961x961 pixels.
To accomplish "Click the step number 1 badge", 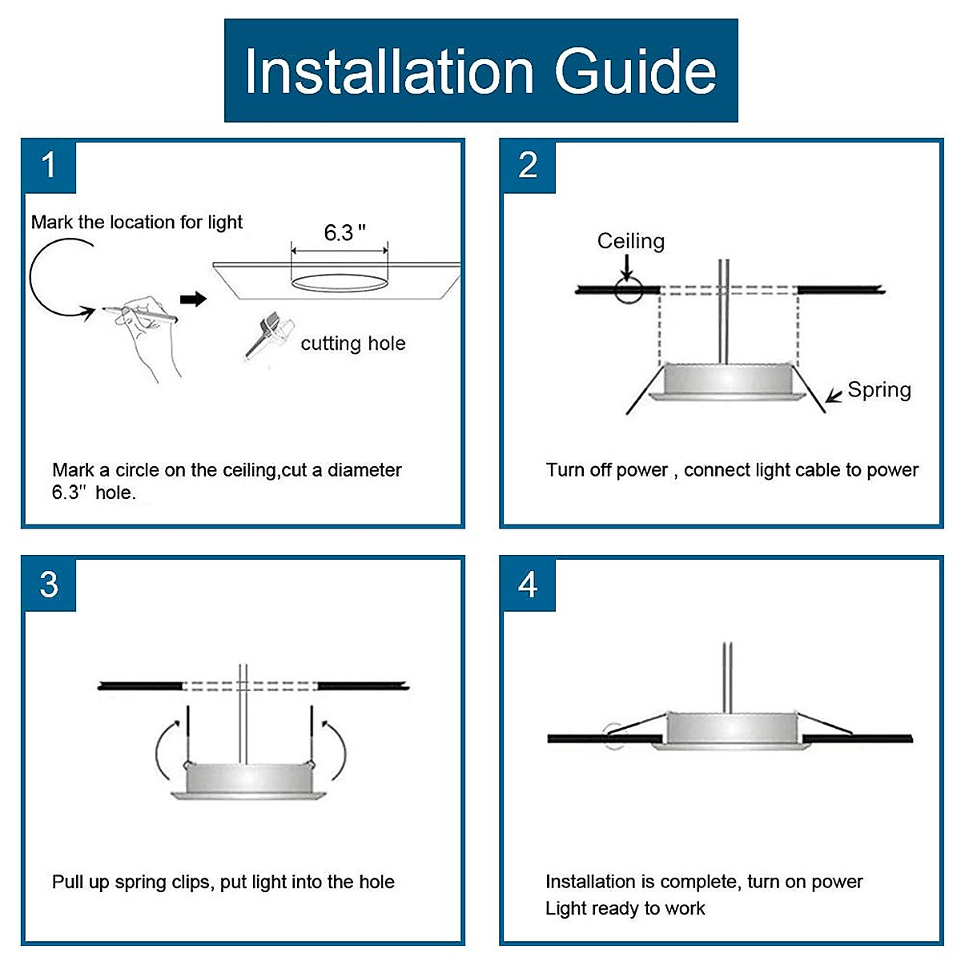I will pos(49,166).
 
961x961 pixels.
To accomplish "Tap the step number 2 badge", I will pos(528,166).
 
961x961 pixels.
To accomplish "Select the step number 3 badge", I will pos(49,585).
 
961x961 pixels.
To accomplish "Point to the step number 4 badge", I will pos(528,585).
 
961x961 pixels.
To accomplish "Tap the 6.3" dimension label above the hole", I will pos(344,233).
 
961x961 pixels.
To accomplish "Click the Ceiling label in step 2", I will pos(631,241).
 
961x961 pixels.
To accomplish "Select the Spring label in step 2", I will pos(879,390).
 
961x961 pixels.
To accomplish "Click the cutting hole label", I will pos(353,344).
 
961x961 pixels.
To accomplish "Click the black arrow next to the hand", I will pos(193,300).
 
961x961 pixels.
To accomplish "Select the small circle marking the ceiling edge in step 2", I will pos(629,290).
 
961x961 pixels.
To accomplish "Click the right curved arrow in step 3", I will pos(337,749).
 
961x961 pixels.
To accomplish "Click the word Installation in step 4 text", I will pos(591,882).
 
